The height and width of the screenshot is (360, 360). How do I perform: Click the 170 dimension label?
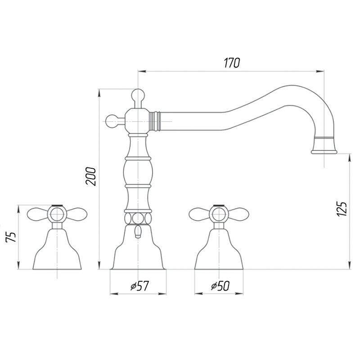(x=232, y=63)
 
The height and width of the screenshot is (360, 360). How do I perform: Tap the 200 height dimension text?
(x=91, y=176)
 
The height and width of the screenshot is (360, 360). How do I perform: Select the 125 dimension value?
(x=342, y=209)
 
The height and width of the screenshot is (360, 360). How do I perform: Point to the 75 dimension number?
(x=11, y=237)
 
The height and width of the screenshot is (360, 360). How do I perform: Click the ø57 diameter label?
(x=140, y=286)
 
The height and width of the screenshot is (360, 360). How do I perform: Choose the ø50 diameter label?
(x=220, y=286)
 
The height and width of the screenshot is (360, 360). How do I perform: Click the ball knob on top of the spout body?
(x=138, y=95)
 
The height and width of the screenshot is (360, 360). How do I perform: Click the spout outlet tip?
(x=324, y=152)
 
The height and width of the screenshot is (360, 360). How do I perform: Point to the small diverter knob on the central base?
(x=138, y=231)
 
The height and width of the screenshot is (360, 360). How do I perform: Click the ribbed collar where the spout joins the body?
(x=154, y=121)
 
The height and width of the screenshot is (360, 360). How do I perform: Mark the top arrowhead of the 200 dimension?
(x=99, y=92)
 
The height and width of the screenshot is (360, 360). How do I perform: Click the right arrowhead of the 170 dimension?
(x=320, y=71)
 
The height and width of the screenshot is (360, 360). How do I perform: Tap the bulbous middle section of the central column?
(x=138, y=172)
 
